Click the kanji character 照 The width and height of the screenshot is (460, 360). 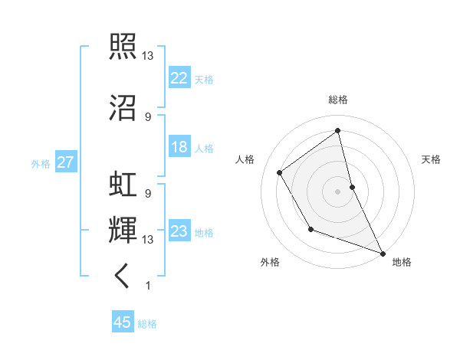(124, 47)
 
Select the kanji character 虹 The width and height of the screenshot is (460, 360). (124, 185)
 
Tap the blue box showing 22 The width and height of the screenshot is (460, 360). (179, 78)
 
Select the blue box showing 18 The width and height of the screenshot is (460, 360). (179, 147)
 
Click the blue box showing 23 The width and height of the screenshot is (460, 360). (179, 231)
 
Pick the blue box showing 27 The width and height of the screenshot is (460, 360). (65, 162)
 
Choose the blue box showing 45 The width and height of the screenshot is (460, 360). (123, 322)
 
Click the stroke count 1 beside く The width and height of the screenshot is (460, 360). (147, 286)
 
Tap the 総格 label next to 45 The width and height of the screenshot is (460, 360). (147, 324)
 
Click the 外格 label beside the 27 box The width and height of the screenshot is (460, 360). (41, 163)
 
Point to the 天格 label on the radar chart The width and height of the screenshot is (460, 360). (432, 159)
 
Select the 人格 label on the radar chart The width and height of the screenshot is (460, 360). (245, 159)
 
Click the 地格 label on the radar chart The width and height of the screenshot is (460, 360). (402, 262)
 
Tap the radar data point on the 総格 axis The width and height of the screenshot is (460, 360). (338, 130)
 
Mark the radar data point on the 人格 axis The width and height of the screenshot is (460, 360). (280, 172)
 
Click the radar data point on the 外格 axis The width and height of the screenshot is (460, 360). (310, 228)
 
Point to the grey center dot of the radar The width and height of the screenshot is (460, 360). (338, 191)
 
